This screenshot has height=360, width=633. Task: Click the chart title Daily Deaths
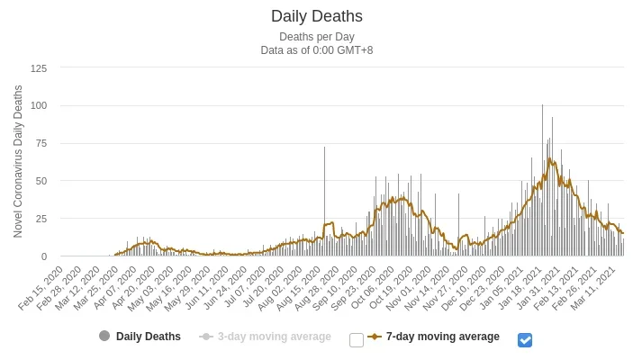pos(316,16)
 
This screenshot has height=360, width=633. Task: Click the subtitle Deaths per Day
pos(316,37)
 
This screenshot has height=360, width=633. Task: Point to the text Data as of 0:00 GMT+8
pos(316,50)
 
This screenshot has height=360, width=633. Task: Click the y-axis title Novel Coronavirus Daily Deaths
pos(18,162)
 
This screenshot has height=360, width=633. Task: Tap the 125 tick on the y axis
pos(39,67)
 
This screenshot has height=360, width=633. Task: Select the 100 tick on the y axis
pos(39,105)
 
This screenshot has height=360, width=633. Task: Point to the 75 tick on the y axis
pos(41,143)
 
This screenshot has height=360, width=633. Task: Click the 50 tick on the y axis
pos(41,181)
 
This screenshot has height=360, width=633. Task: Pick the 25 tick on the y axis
pos(41,219)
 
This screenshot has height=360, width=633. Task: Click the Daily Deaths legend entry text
pos(149,337)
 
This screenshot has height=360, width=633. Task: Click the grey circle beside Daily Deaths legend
pos(104,337)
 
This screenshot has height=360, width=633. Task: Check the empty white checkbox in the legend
pos(357,339)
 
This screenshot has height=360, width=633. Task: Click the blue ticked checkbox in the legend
pos(525,339)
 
